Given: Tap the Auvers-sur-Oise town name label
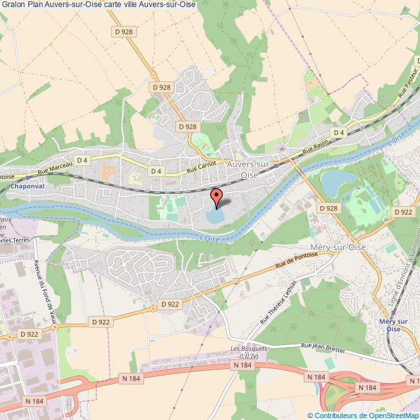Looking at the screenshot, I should [252, 169].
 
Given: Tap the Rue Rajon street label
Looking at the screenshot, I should [318, 142].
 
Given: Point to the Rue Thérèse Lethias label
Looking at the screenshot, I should [278, 301].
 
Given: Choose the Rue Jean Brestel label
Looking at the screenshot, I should [322, 349].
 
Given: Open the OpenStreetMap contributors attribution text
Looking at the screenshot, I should [362, 415].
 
